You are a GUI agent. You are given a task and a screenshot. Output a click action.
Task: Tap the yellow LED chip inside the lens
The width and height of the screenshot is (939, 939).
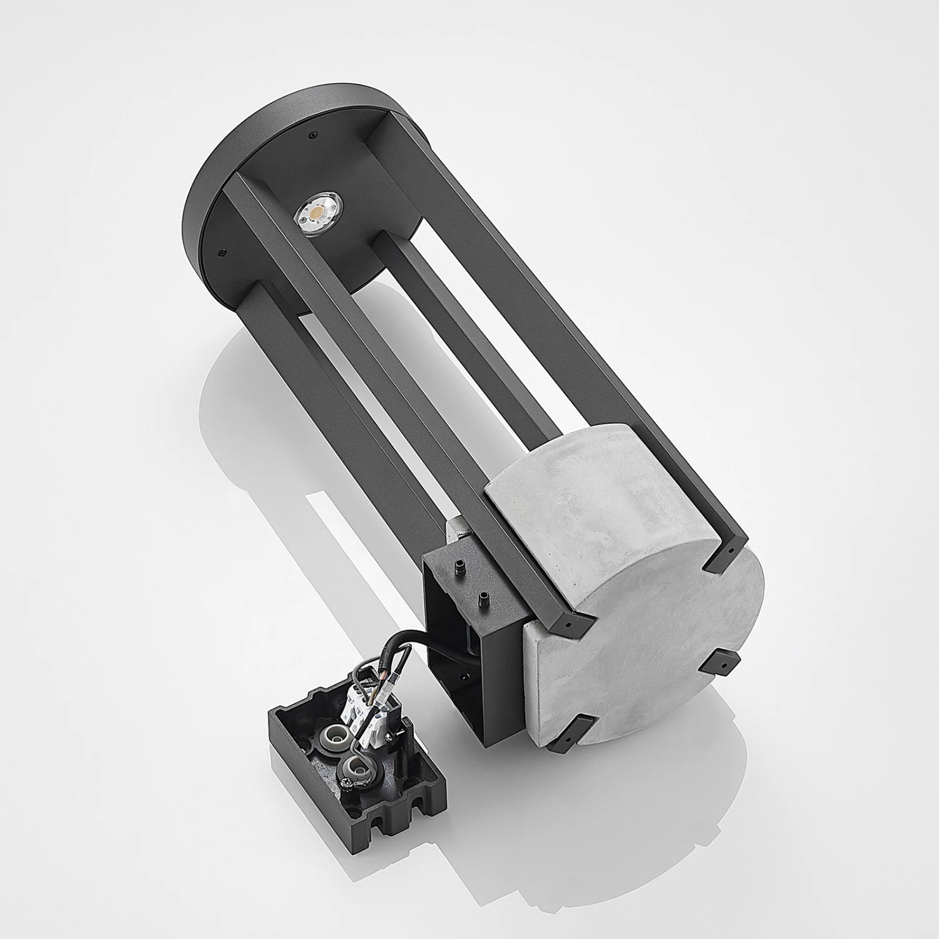click(x=315, y=213)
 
